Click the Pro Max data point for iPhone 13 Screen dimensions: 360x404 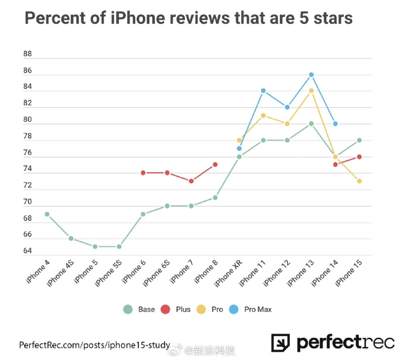coord(311,74)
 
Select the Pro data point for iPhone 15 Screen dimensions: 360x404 coord(359,181)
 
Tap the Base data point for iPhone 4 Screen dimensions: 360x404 coord(47,214)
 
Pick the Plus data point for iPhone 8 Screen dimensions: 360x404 coord(215,164)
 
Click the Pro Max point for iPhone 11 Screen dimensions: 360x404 coord(263,91)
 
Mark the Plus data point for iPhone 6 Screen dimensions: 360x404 coord(143,173)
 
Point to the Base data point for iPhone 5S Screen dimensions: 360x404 coord(119,246)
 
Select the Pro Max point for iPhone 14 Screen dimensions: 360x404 coord(335,124)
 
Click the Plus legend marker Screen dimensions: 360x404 coord(165,309)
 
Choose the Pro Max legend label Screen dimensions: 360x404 coord(258,309)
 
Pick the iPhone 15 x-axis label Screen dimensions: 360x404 coord(349,274)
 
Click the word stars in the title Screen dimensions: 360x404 coord(328,19)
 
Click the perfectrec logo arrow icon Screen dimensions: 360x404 coord(281,344)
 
